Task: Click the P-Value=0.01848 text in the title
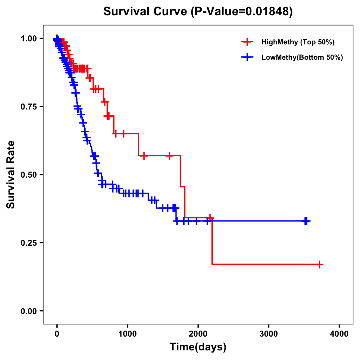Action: coord(242,12)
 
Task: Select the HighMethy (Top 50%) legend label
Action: coord(298,42)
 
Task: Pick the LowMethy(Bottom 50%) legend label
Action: coord(302,57)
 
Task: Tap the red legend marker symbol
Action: coord(247,42)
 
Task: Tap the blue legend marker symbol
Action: coord(247,57)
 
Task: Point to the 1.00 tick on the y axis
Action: coord(28,38)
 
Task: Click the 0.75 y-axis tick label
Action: coord(28,106)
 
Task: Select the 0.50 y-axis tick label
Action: coord(28,175)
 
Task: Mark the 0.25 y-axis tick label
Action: coord(28,243)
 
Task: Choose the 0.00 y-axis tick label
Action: coord(28,311)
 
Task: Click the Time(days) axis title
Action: coord(198,347)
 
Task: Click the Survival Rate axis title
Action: coord(11,174)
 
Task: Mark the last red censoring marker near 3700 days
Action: coord(320,264)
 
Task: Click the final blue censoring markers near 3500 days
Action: coord(306,221)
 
